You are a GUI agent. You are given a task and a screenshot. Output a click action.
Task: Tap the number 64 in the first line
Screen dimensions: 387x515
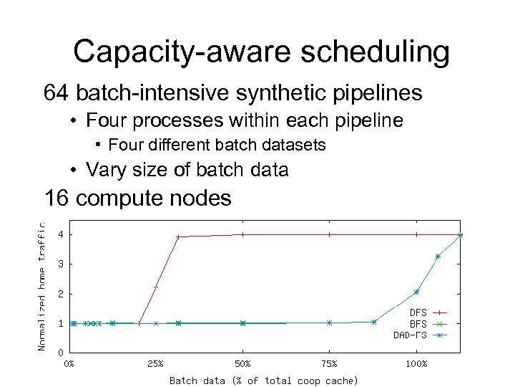point(57,92)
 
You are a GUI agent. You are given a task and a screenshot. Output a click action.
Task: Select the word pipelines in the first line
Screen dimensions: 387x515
point(376,93)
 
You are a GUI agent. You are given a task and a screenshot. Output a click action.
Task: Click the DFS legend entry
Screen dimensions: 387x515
point(418,312)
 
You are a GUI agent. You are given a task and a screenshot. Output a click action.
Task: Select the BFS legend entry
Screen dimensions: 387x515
point(418,323)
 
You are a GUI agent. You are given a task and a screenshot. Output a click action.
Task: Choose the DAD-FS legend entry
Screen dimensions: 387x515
point(411,335)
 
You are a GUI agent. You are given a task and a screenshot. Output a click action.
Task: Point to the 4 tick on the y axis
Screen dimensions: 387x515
point(62,234)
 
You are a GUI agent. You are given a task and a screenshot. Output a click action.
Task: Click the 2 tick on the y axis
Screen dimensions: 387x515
point(62,294)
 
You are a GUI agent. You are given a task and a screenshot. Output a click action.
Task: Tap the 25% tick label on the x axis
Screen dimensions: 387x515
point(155,364)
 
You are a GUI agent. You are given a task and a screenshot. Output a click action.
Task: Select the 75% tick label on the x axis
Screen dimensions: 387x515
point(329,364)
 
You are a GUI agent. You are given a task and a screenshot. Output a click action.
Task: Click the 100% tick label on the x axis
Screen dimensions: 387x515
point(416,364)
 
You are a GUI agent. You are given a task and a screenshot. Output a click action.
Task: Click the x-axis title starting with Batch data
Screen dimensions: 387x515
point(263,380)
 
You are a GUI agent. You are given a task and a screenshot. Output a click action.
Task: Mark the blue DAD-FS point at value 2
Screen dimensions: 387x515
point(416,292)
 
